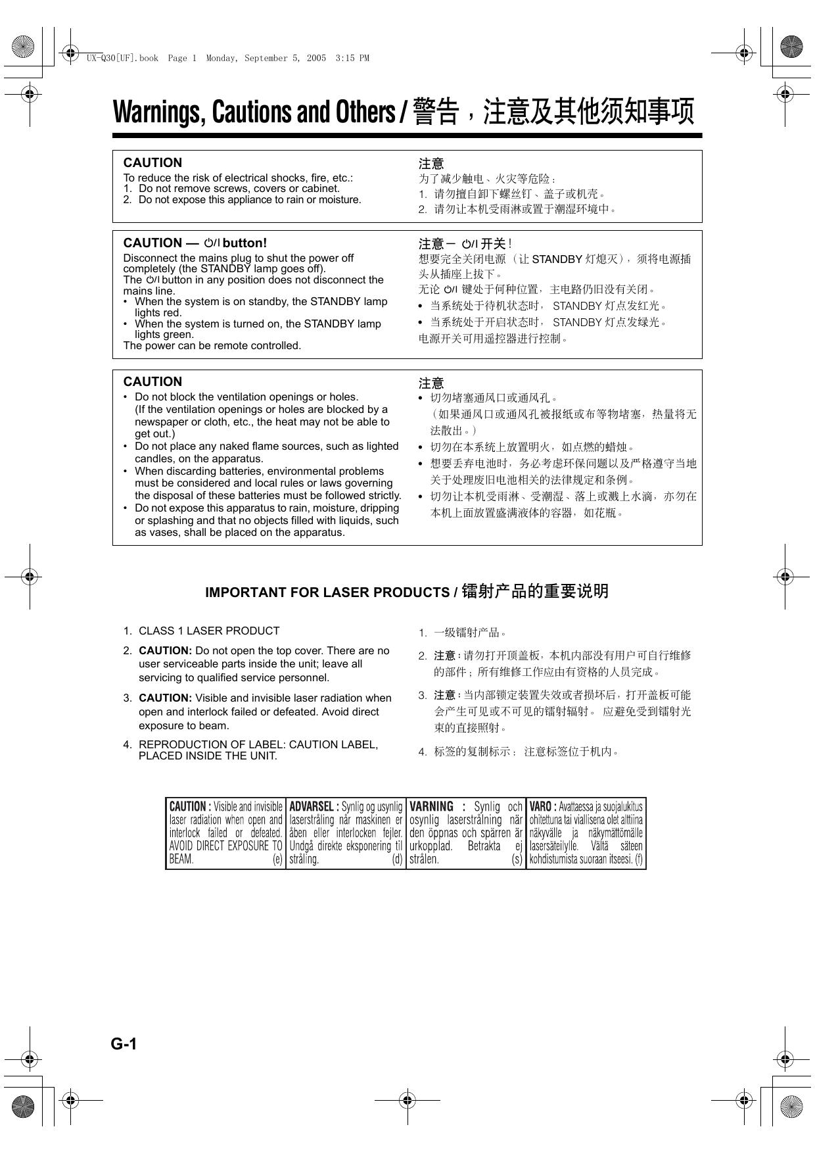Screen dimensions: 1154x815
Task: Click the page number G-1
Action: click(x=124, y=1044)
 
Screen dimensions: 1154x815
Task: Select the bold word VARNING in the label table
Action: click(x=431, y=806)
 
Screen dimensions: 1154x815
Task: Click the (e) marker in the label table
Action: click(x=277, y=859)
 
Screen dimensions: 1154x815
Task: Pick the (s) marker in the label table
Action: click(x=517, y=859)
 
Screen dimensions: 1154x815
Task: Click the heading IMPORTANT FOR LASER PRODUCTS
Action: click(x=327, y=592)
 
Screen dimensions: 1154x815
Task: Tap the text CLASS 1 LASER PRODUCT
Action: click(x=209, y=631)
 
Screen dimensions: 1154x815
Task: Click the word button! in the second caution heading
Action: click(x=245, y=243)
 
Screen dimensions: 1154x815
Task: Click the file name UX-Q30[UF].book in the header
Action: click(x=123, y=58)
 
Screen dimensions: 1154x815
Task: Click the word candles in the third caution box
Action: click(x=153, y=458)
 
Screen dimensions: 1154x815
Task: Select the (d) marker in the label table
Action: click(x=397, y=859)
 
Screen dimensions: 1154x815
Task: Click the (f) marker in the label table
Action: click(x=638, y=859)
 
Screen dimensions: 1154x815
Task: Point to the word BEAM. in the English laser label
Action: click(x=181, y=859)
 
